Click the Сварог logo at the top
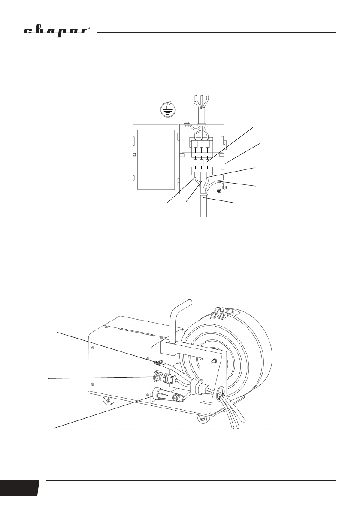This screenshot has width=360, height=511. click(x=57, y=31)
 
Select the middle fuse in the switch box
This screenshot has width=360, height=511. click(x=202, y=163)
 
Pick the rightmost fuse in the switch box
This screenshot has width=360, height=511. click(x=208, y=163)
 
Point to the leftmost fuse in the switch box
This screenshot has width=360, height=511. click(x=195, y=163)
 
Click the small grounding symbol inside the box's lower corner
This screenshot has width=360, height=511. click(x=218, y=192)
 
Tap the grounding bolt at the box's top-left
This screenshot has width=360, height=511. click(x=187, y=124)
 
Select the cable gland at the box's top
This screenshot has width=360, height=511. click(x=202, y=124)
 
